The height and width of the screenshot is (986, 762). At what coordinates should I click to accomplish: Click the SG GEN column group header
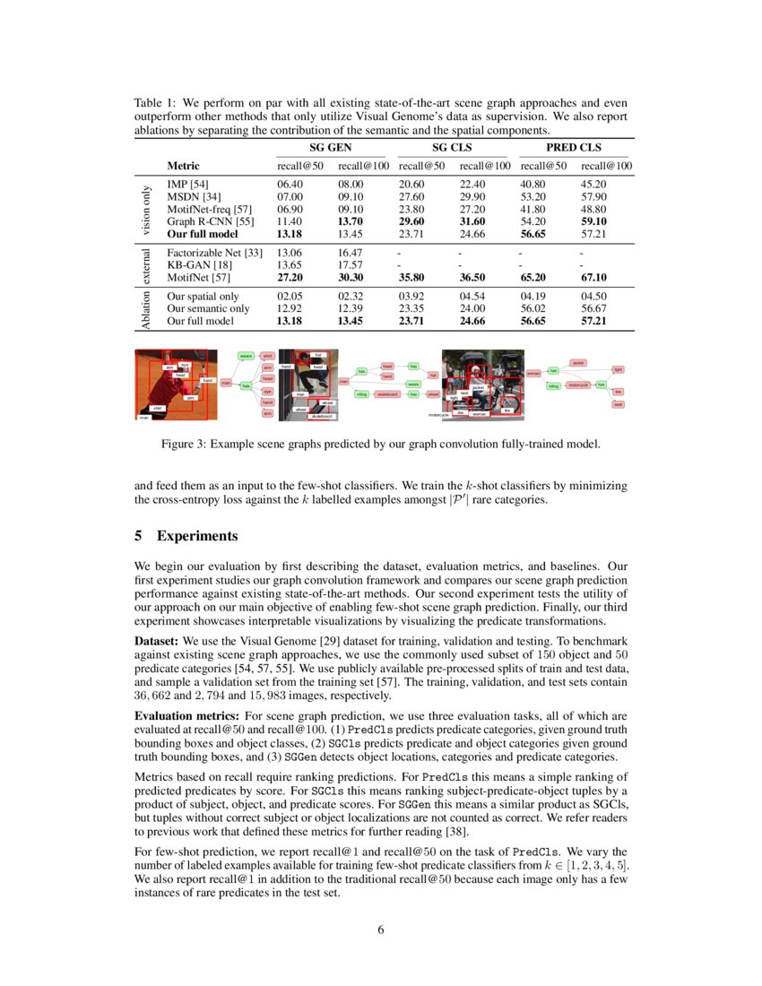331,146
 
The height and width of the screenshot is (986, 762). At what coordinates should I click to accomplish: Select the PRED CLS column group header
575,146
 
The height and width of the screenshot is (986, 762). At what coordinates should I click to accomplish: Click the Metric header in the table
183,166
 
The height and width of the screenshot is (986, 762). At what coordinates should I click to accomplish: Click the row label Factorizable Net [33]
214,253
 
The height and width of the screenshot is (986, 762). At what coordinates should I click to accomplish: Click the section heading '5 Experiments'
186,536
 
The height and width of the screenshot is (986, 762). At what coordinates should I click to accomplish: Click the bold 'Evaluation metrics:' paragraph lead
188,717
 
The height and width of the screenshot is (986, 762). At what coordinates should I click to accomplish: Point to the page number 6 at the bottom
381,930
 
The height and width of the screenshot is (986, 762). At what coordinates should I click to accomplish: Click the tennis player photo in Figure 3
171,385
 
